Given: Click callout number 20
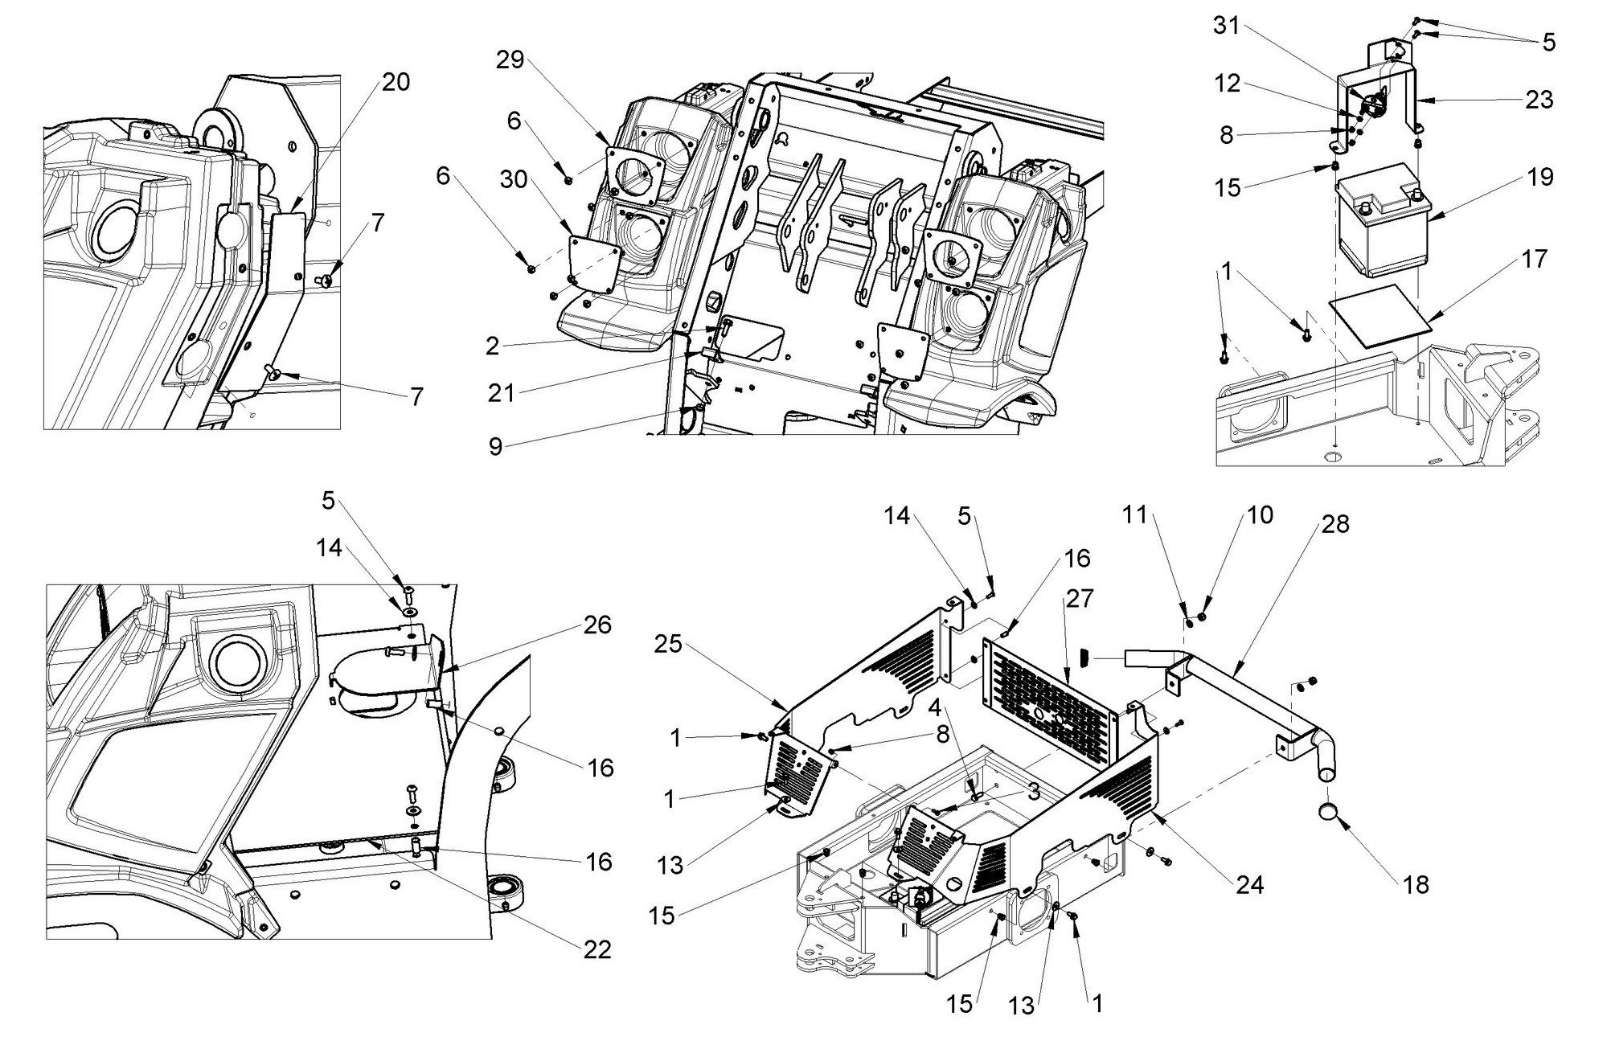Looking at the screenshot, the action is click(x=396, y=82).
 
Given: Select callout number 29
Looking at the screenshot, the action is click(x=510, y=59).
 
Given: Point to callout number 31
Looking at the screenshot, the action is click(x=1227, y=26).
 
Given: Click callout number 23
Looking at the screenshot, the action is click(x=1539, y=100).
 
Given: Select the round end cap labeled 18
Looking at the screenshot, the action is click(x=1329, y=813).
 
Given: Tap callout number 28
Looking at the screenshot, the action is click(x=1335, y=524).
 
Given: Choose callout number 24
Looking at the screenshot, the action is click(x=1249, y=885).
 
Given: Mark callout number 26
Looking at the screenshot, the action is click(x=596, y=625).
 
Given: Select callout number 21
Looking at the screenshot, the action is click(x=502, y=393).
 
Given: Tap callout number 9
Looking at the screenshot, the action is click(x=496, y=446).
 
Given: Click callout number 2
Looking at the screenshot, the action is click(x=493, y=346).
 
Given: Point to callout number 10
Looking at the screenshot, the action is click(x=1260, y=514).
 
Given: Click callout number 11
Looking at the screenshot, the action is click(x=1134, y=514).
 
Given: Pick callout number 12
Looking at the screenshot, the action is click(x=1228, y=84).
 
